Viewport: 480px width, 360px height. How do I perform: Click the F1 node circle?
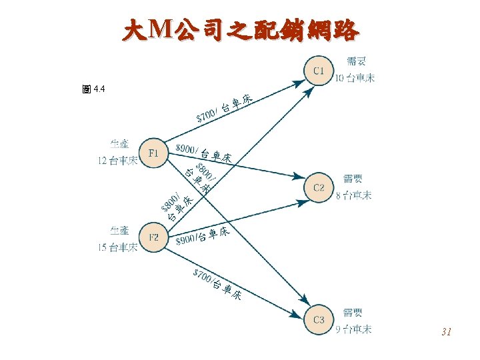(x=154, y=153)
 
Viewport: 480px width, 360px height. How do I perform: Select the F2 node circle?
(x=154, y=237)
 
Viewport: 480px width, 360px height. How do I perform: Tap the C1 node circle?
(x=319, y=70)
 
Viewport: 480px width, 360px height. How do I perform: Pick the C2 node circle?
(x=319, y=187)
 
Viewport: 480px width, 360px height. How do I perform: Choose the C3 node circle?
(x=319, y=320)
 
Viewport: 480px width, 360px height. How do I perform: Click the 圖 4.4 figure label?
(x=94, y=89)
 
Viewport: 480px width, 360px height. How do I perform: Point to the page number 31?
(x=447, y=331)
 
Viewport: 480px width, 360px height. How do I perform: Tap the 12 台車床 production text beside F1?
(x=117, y=160)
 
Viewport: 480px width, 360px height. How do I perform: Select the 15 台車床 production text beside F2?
(x=117, y=248)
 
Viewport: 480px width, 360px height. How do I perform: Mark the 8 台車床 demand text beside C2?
(x=354, y=195)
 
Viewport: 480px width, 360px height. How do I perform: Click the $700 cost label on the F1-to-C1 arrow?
(x=207, y=115)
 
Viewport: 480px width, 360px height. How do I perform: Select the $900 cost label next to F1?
(x=186, y=149)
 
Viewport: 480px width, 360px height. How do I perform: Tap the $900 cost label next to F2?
(x=186, y=239)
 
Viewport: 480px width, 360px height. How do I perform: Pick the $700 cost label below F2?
(x=203, y=275)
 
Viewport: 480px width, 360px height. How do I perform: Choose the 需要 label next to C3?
(x=353, y=312)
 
